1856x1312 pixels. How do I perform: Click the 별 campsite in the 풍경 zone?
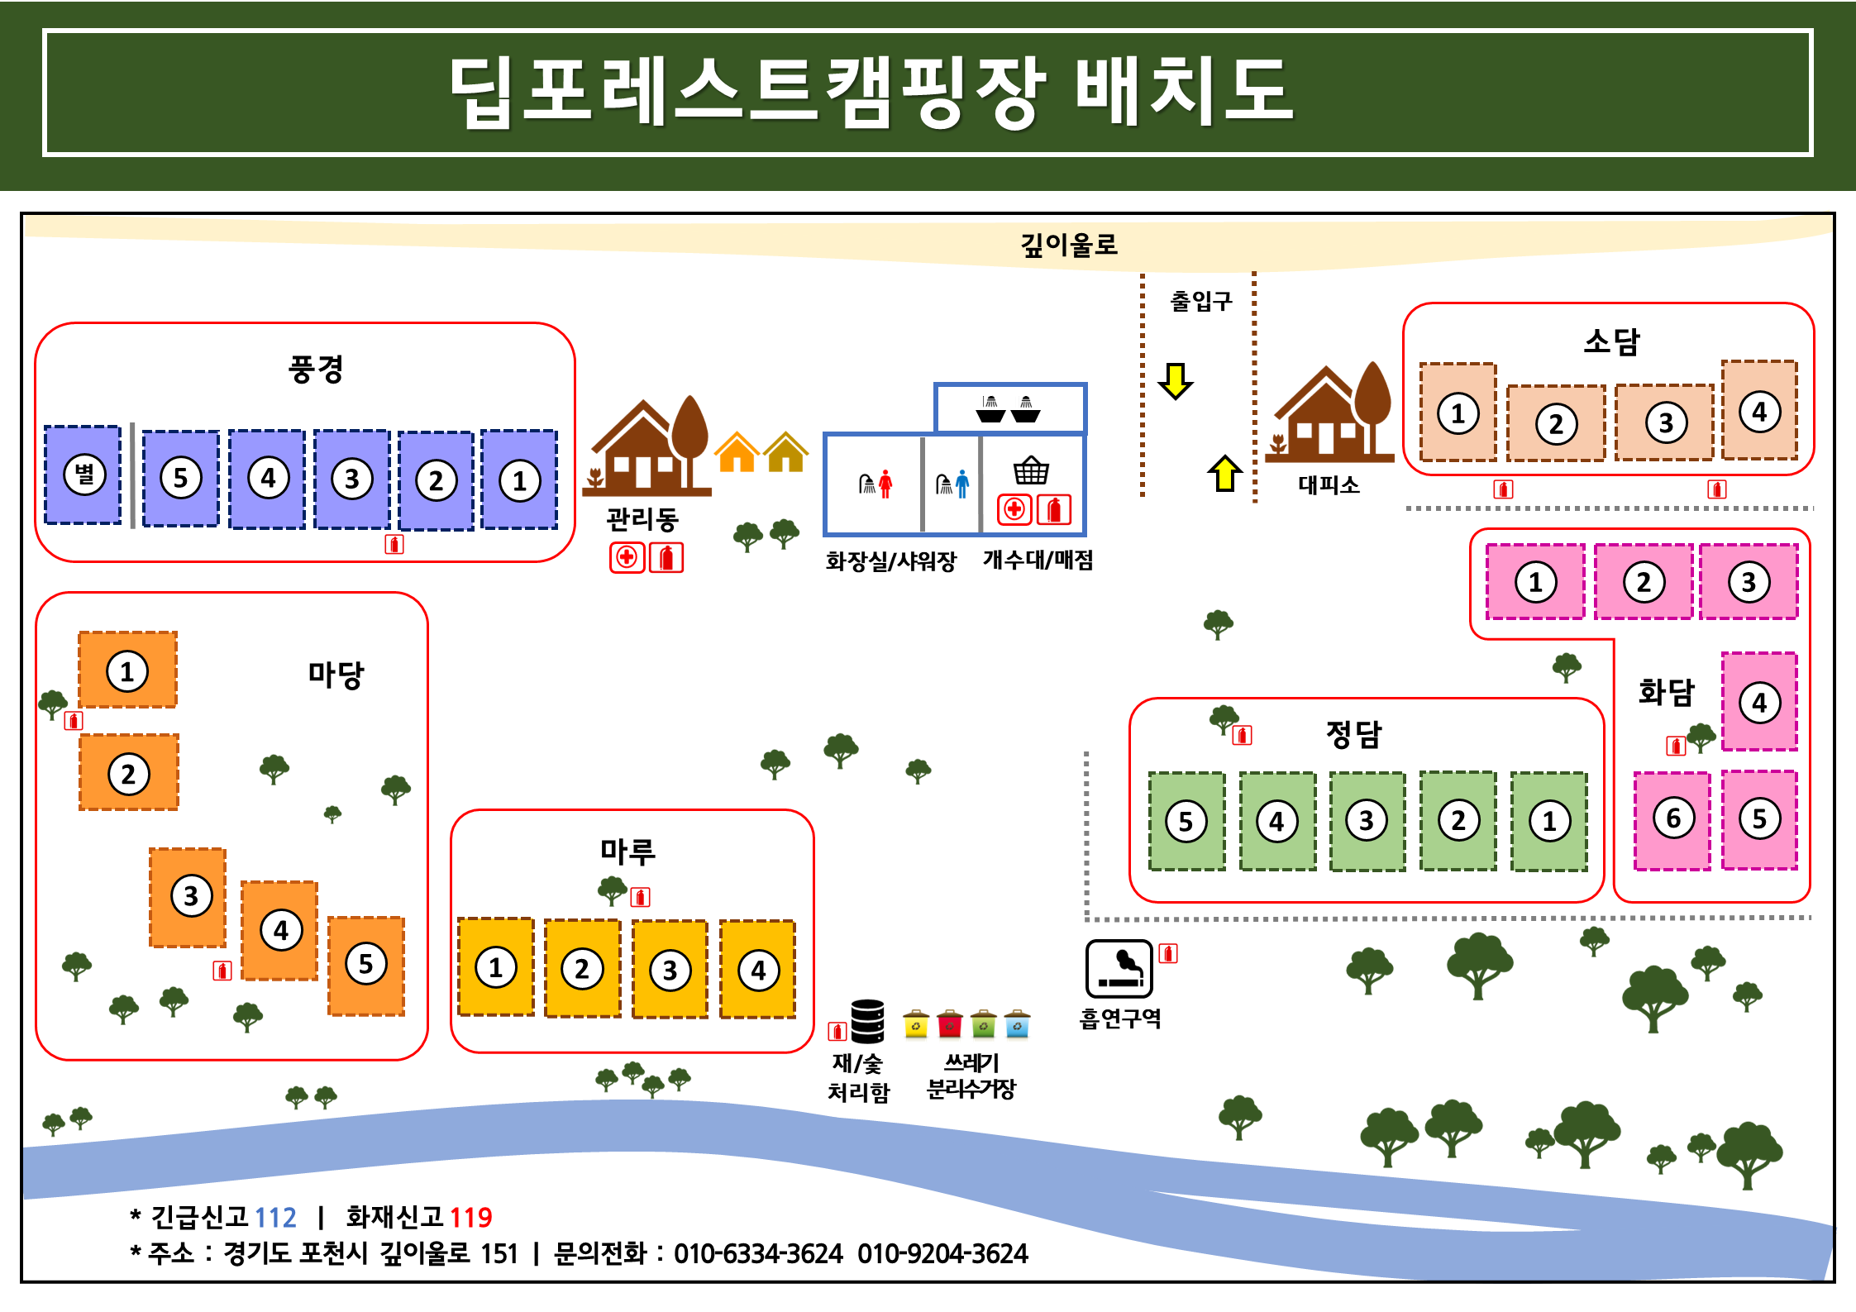(x=83, y=475)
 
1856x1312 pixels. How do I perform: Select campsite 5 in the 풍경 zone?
(x=180, y=478)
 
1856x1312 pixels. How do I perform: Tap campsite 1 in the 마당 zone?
(x=127, y=670)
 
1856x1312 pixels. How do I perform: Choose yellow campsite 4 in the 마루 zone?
(x=757, y=969)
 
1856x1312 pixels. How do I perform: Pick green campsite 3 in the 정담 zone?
(x=1367, y=820)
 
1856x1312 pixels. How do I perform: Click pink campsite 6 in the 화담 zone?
(x=1672, y=818)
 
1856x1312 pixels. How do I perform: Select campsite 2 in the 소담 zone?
(x=1556, y=423)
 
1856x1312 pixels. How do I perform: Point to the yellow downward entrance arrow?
(x=1175, y=380)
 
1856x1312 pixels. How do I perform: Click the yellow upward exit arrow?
(x=1224, y=474)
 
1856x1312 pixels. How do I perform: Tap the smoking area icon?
(x=1119, y=969)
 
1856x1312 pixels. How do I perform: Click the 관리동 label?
(x=642, y=519)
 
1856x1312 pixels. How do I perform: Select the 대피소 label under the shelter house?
(x=1329, y=484)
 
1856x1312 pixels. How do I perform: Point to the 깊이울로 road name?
(x=1068, y=245)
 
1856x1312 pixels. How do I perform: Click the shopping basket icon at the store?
(x=1031, y=470)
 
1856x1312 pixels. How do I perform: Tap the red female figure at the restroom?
(x=885, y=484)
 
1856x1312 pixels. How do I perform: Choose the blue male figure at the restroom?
(x=961, y=484)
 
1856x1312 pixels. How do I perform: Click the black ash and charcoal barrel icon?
(x=867, y=1021)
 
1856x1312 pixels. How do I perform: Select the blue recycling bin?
(x=1017, y=1024)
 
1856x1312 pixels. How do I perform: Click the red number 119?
(x=470, y=1217)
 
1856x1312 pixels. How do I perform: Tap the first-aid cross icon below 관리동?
(x=627, y=557)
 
